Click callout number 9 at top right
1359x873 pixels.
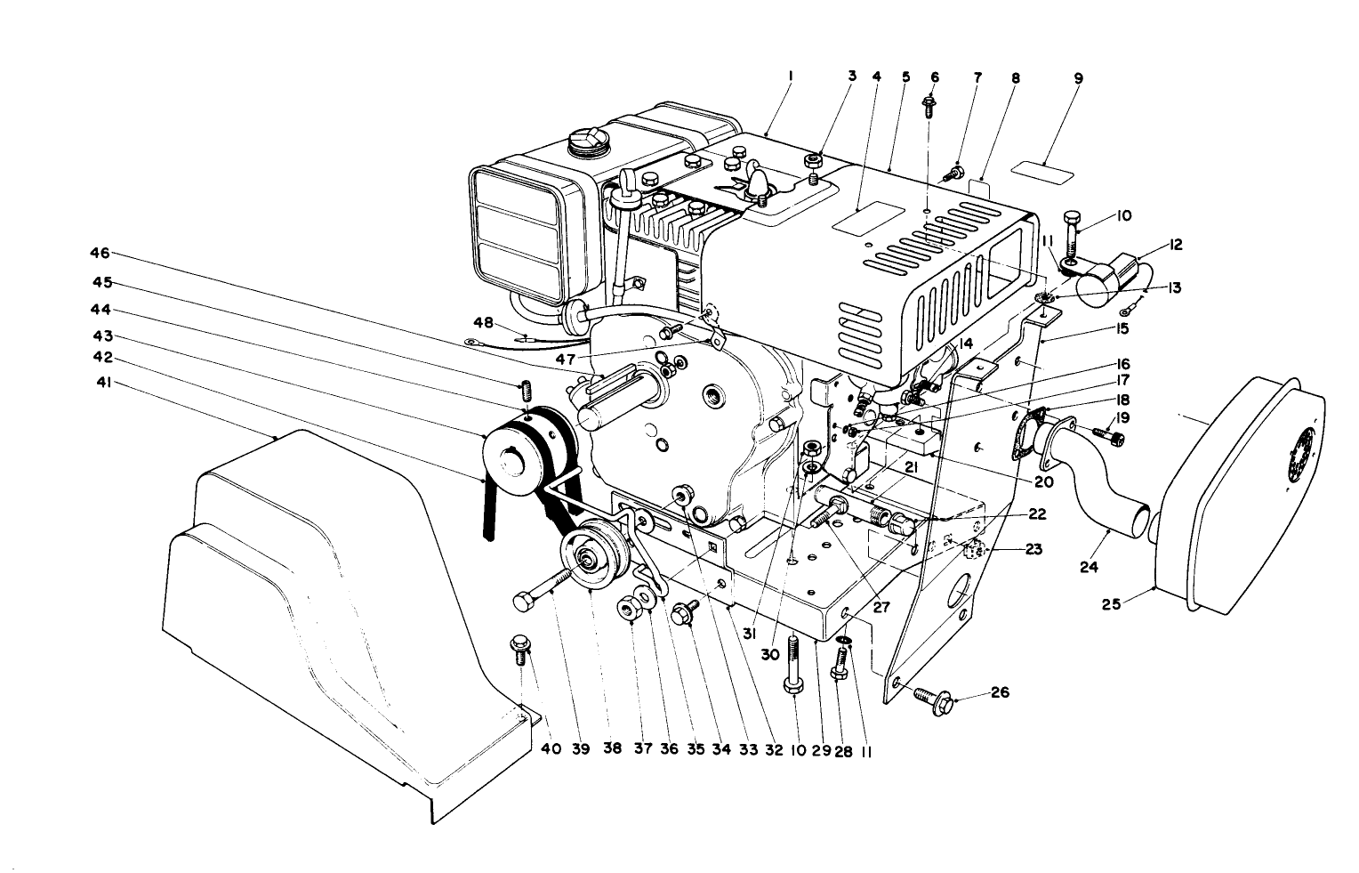pyautogui.click(x=1078, y=78)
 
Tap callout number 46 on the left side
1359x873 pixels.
pyautogui.click(x=101, y=253)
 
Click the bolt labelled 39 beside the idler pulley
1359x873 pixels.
pyautogui.click(x=534, y=595)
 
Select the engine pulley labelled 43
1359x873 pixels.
pyautogui.click(x=514, y=459)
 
